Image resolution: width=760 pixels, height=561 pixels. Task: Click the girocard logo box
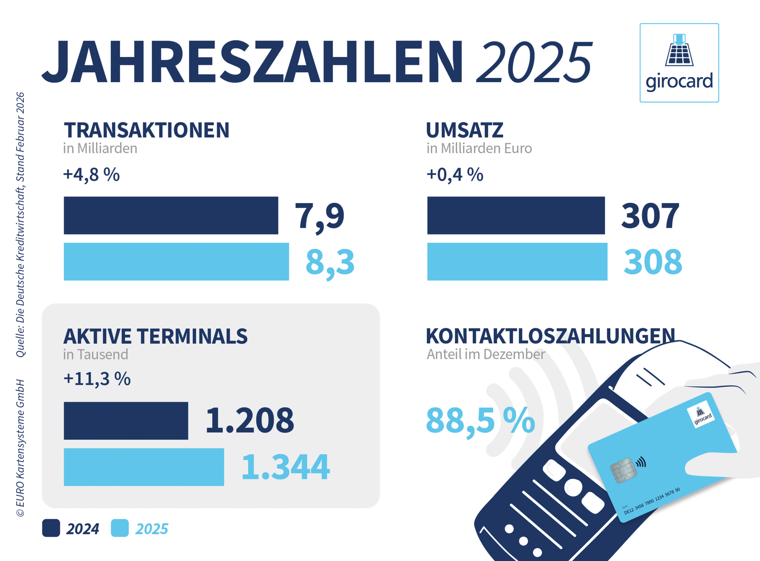[x=679, y=63]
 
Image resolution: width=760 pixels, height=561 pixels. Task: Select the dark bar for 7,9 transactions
[x=171, y=215]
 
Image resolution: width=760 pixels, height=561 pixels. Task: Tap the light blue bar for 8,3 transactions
[x=176, y=261]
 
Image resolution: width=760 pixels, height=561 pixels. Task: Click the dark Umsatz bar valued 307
[x=516, y=215]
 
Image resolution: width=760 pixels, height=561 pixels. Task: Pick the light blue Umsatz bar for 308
[x=517, y=261]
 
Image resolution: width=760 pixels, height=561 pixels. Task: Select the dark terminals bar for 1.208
[x=126, y=421]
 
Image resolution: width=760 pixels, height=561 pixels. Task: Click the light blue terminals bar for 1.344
[x=144, y=467]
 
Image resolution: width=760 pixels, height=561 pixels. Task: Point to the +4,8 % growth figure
[x=91, y=174]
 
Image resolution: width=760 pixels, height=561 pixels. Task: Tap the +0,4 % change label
[x=455, y=174]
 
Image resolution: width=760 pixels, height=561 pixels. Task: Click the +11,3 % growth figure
[x=97, y=379]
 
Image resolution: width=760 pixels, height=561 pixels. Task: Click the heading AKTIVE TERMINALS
[x=155, y=336]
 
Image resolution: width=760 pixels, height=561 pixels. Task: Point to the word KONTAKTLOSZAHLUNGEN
[x=550, y=336]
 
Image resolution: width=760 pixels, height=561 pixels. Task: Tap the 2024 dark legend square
[x=51, y=528]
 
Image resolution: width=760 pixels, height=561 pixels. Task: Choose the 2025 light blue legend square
[x=120, y=528]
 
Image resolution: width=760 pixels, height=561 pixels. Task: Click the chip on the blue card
[x=623, y=470]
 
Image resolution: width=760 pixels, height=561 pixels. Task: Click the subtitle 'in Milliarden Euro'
[x=479, y=148]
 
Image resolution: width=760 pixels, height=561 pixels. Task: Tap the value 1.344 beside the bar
[x=285, y=467]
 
